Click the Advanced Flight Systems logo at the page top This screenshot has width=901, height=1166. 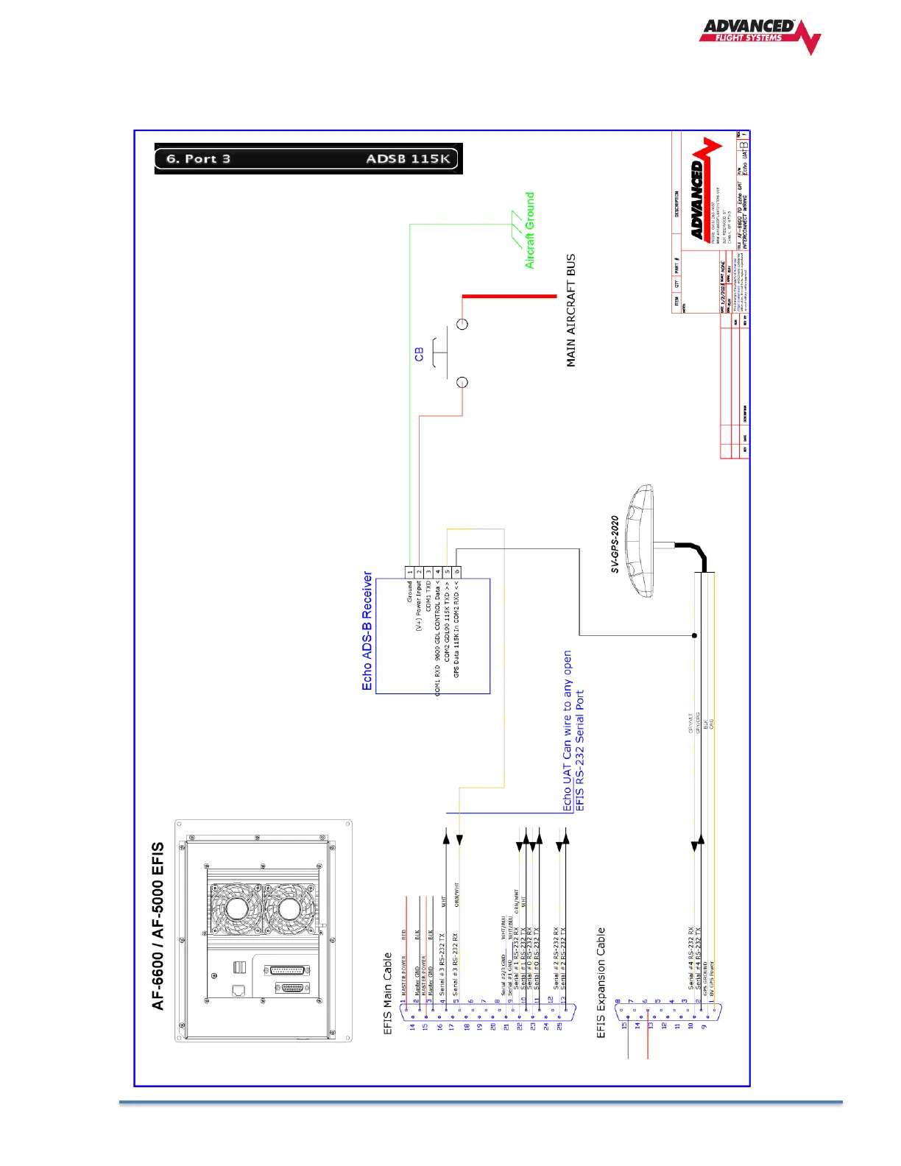point(759,35)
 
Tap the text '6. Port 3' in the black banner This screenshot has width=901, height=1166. point(198,159)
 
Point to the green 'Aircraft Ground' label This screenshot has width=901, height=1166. point(530,230)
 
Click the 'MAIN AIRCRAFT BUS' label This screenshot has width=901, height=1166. point(571,311)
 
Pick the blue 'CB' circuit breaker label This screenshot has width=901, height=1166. point(419,354)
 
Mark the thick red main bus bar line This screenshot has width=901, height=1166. point(509,296)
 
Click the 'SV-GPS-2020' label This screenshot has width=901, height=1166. point(615,544)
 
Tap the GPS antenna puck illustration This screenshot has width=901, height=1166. point(639,540)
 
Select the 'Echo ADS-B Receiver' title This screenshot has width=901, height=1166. point(367,631)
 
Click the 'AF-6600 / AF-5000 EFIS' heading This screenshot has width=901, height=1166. point(158,926)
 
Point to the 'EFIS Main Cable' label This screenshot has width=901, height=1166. point(388,993)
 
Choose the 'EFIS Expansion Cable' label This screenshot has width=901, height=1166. point(601,982)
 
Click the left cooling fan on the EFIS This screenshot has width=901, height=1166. point(236,909)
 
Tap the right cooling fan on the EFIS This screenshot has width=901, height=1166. point(289,909)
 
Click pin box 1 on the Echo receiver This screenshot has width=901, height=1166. point(410,572)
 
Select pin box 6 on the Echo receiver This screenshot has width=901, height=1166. point(456,572)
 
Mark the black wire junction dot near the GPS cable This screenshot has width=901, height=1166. point(694,635)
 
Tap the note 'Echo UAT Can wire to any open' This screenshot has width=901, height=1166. point(568,730)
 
